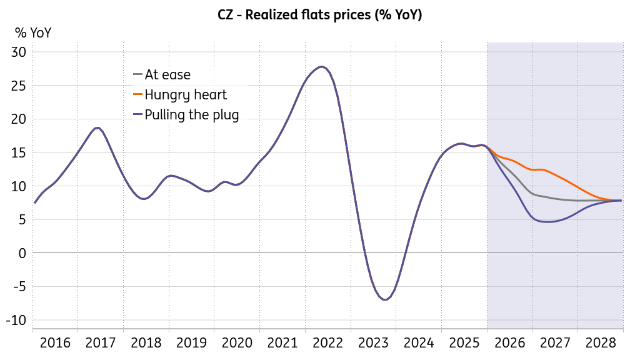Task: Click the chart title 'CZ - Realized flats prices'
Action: point(294,15)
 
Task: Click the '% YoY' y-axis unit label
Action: point(33,32)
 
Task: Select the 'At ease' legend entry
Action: point(162,75)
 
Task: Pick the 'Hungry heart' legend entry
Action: point(180,95)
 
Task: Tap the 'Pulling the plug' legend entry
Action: point(186,115)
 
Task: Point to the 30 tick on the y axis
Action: point(19,52)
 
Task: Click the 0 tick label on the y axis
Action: point(22,253)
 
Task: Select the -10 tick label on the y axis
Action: point(16,321)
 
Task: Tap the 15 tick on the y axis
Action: point(19,152)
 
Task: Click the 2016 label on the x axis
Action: point(55,343)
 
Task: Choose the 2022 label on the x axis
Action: point(327,343)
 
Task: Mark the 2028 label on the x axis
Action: point(601,343)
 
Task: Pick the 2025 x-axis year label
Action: point(464,343)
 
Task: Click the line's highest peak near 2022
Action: point(322,66)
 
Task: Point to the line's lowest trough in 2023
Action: point(385,299)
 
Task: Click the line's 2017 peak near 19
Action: point(97,127)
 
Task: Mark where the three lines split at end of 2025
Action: point(487,147)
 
